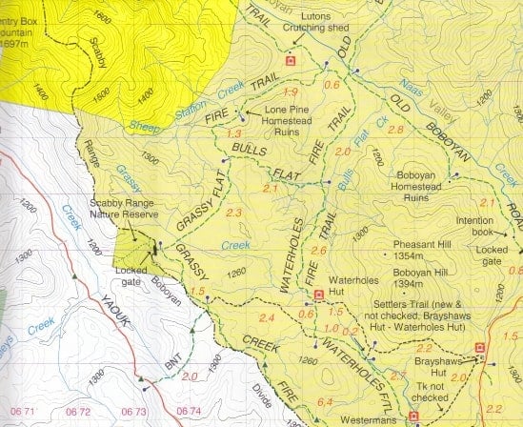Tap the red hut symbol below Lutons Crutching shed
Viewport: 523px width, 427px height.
292,62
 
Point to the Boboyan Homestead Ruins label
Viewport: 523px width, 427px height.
427,193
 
